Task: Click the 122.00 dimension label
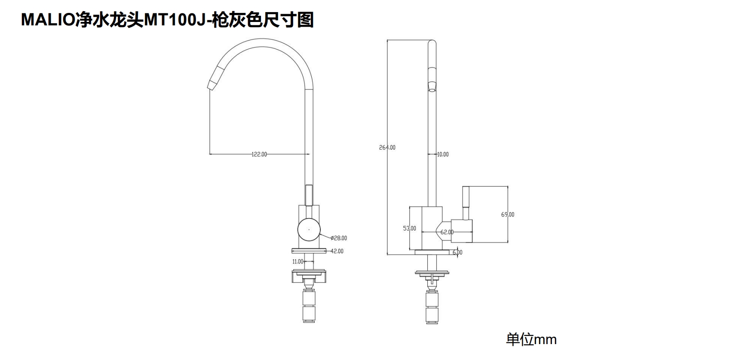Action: coord(259,154)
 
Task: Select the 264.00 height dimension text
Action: coord(387,148)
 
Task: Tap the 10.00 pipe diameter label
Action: coord(442,154)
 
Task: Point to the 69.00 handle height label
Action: coord(507,214)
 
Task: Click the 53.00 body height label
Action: coord(409,228)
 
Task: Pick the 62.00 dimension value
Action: coord(447,232)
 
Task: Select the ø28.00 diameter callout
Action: coord(339,238)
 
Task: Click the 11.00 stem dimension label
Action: coord(298,262)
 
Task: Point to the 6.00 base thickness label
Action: coord(457,252)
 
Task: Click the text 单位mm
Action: coord(531,339)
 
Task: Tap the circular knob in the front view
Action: coord(309,229)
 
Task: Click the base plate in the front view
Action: coord(309,251)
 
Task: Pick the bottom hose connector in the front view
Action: coord(309,314)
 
